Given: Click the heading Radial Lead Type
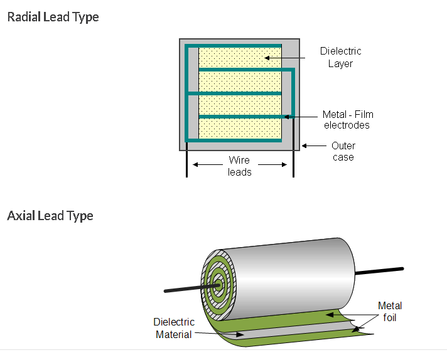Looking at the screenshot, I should click(53, 17).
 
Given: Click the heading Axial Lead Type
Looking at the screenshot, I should click(50, 216).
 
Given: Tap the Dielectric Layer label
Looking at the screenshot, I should click(340, 57).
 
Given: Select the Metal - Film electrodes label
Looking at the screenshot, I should click(347, 119).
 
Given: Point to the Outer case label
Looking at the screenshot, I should click(343, 151).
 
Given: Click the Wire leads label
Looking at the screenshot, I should click(239, 166).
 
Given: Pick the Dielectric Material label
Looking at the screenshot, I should click(174, 328).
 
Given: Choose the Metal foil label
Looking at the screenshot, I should click(389, 312).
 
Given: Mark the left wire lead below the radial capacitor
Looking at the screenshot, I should click(186, 164).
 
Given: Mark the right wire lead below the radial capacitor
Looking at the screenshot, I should click(293, 164).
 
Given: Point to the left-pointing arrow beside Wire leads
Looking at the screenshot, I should click(205, 165).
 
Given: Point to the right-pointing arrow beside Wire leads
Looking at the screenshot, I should click(274, 165).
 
